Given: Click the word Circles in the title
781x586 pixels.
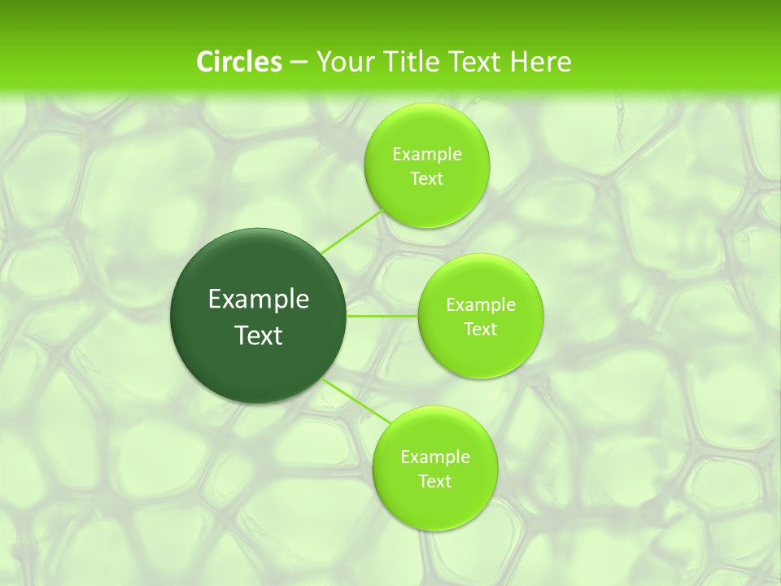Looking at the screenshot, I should tap(238, 62).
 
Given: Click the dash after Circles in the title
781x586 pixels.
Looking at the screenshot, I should tap(299, 63).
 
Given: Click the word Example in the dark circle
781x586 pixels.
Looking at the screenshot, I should tap(259, 300).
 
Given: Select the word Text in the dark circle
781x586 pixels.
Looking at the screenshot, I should tap(259, 335).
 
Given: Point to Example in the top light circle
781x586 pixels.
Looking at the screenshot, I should tap(427, 155).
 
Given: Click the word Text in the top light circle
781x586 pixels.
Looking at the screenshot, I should tap(427, 179).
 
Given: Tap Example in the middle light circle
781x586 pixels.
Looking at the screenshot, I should tap(481, 305).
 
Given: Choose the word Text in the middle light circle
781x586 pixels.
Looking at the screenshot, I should tap(481, 330).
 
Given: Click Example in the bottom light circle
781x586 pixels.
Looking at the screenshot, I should tap(435, 457).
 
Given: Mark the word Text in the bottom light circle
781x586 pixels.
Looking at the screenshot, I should tap(435, 482).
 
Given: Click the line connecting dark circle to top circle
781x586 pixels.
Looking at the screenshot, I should tap(351, 231).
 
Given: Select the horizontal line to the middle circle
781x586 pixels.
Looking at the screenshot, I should tap(382, 316).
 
